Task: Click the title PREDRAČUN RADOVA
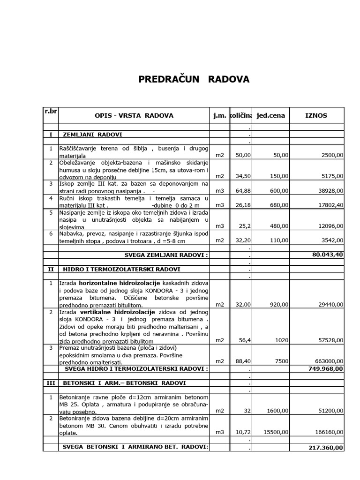(x=194, y=80)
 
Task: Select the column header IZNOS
(x=316, y=115)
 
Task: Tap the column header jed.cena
(x=271, y=115)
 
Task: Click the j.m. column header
(x=218, y=115)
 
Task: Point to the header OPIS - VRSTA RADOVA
(x=134, y=116)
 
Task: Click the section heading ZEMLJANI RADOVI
(x=92, y=135)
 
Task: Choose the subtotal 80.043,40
(x=324, y=255)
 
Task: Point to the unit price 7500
(x=281, y=361)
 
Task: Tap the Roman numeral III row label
(x=51, y=383)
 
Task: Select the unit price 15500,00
(x=276, y=432)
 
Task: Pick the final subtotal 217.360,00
(x=324, y=448)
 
